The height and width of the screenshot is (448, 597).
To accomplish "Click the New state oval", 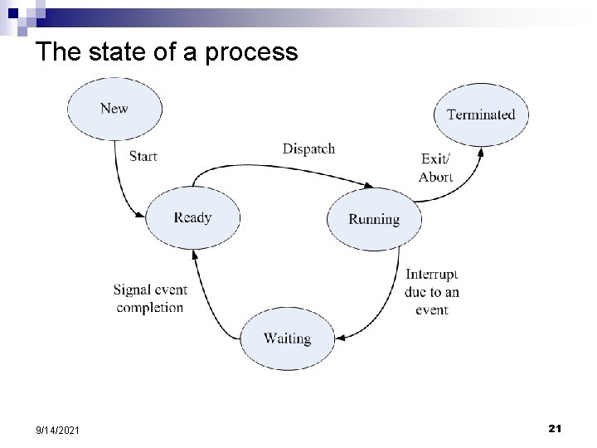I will coord(114,108).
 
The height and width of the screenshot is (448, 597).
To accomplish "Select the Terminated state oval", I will coord(481,114).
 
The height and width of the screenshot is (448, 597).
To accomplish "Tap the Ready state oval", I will coord(192,217).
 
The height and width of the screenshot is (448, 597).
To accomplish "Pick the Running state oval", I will coord(374,219).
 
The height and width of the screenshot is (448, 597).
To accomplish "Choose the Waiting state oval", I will coord(287,338).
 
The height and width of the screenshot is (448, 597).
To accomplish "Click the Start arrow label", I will coord(143,156).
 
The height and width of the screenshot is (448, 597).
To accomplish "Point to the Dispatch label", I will coord(308,149).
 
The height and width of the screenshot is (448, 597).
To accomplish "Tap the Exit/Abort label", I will coord(435,168).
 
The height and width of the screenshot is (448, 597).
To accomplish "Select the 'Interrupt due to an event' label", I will coord(432,292).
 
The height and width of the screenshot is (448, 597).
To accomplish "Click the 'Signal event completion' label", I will coord(150,299).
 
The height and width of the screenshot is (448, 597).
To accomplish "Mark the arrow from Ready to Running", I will coord(282,167).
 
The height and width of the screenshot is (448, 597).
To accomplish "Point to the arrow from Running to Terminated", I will coord(461,187).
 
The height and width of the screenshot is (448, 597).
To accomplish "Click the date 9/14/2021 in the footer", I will coord(59,430).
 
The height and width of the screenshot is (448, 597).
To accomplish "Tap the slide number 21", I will coord(556,428).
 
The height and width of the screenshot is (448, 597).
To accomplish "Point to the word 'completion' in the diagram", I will coord(150,308).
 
